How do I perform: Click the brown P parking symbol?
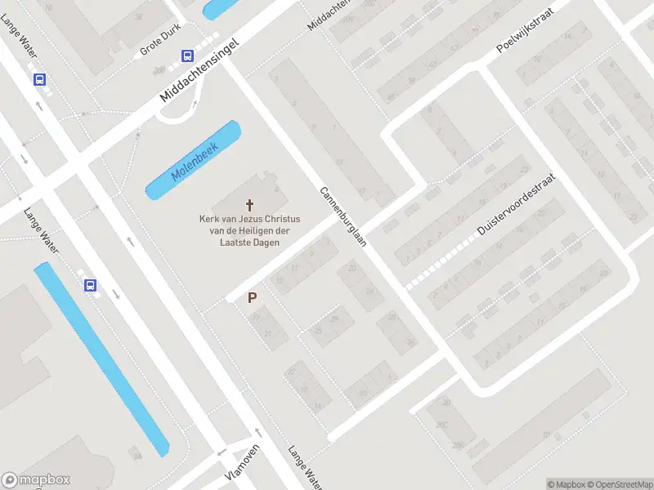(x=253, y=299)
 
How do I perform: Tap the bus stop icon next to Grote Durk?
(x=187, y=56)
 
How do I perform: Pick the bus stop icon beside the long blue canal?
(x=90, y=285)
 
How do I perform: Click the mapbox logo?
(x=36, y=480)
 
